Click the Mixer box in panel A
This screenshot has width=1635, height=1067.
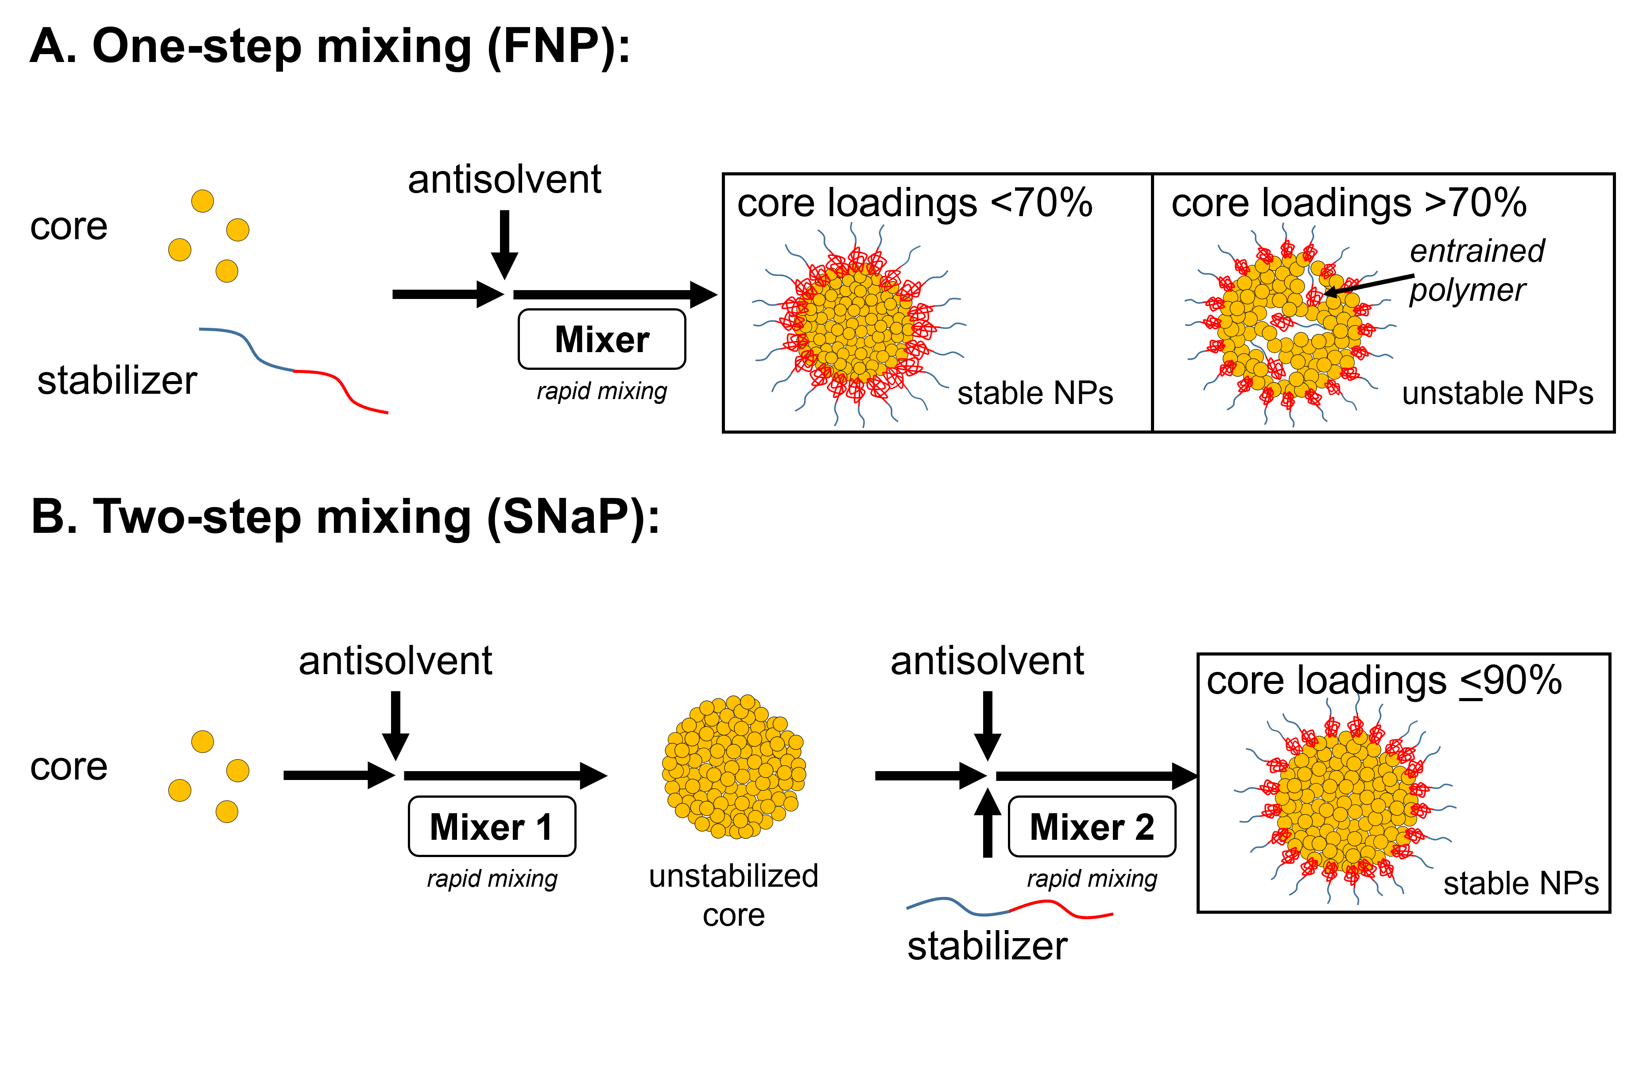click(x=602, y=339)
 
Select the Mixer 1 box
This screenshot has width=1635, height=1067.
click(x=492, y=826)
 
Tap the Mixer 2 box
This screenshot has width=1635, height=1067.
click(x=1092, y=826)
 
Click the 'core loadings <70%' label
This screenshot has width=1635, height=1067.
click(x=914, y=203)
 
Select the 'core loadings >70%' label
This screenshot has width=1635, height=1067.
click(x=1348, y=203)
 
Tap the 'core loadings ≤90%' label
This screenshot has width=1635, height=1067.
click(x=1383, y=681)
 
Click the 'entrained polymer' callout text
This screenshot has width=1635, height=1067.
click(x=1476, y=270)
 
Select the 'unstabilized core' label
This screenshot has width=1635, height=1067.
click(x=734, y=895)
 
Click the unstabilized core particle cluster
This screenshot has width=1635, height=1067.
click(x=734, y=767)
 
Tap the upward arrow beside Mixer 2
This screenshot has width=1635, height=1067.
click(x=988, y=823)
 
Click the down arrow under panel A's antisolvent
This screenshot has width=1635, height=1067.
click(x=504, y=244)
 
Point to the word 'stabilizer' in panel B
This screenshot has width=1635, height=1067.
click(x=987, y=946)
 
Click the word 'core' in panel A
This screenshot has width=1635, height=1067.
click(x=69, y=227)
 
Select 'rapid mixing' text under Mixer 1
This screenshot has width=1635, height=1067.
click(x=492, y=879)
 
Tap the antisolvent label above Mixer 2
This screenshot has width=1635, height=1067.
click(x=987, y=661)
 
